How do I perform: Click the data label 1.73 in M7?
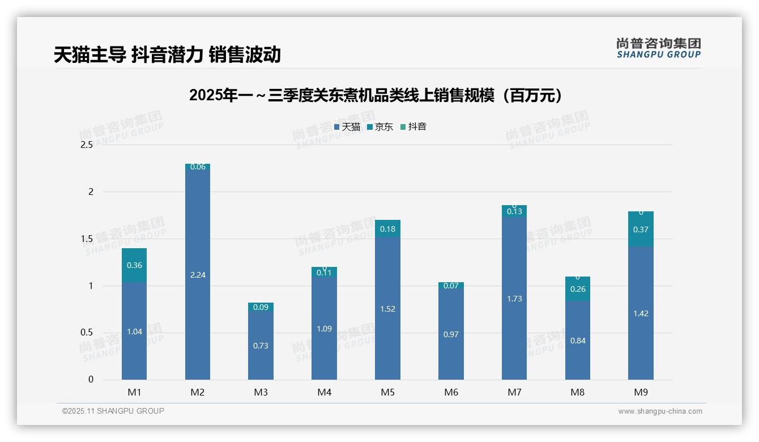(514, 299)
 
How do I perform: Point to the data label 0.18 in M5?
(387, 229)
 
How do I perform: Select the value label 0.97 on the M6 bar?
(451, 334)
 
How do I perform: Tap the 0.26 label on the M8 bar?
(578, 289)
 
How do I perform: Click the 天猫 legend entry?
(347, 127)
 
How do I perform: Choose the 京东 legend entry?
(380, 127)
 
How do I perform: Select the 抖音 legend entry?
(413, 127)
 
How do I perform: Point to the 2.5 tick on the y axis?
(87, 145)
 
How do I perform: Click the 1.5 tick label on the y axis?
(87, 239)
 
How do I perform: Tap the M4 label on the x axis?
(324, 392)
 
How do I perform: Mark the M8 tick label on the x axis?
(578, 392)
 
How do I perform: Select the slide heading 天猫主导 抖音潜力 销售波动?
(167, 54)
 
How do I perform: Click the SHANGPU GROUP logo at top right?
(658, 48)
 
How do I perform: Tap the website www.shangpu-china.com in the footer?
(660, 411)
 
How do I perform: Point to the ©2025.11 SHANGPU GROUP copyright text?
(113, 411)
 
